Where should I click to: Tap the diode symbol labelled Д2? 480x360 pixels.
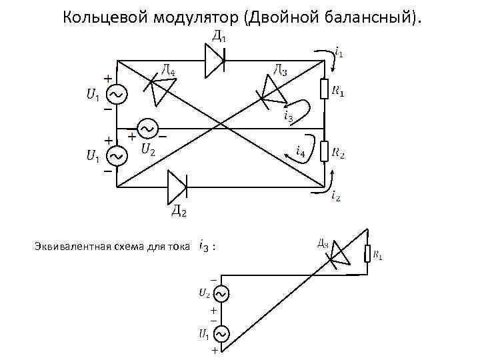click(177, 185)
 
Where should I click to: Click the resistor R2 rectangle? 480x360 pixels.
click(325, 151)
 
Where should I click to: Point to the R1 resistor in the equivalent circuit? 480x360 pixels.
click(366, 254)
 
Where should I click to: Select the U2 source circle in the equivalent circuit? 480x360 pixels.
click(220, 293)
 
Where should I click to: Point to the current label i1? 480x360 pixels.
click(339, 51)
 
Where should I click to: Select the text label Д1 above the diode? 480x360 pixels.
click(218, 37)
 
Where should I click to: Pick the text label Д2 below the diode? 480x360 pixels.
click(179, 211)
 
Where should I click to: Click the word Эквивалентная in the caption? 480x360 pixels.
click(68, 247)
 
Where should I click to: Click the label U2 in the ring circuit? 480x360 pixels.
click(147, 149)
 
